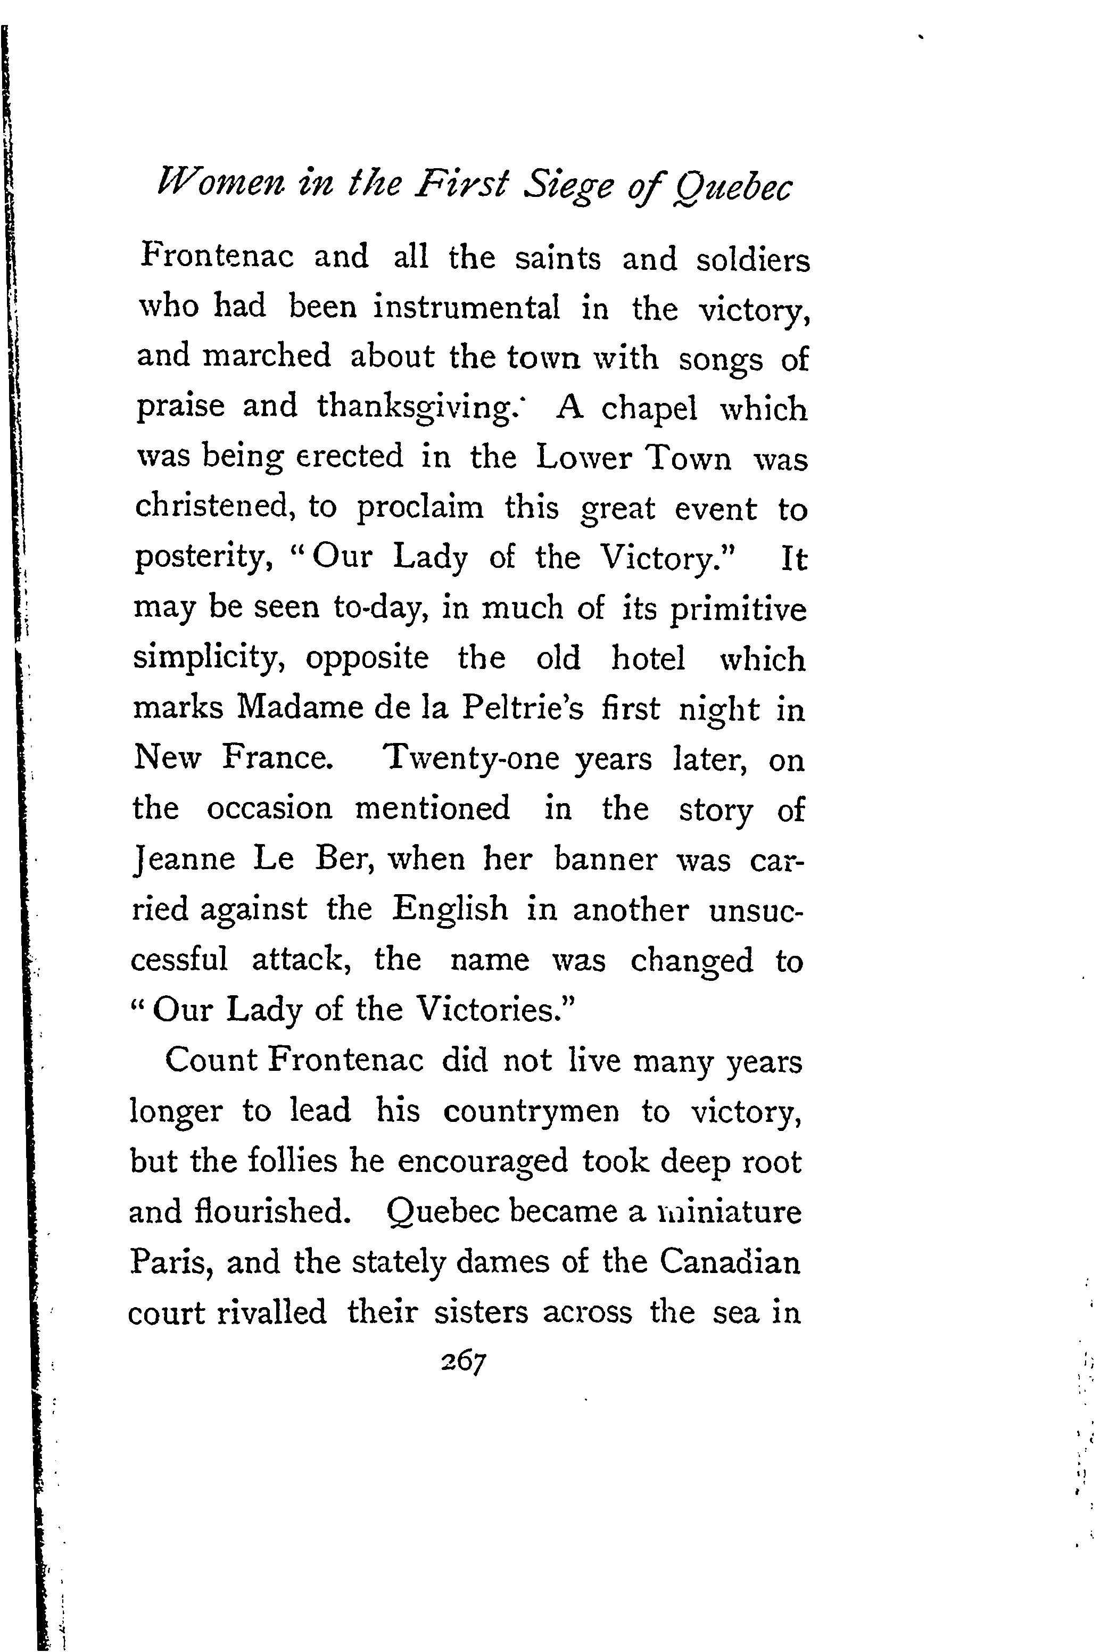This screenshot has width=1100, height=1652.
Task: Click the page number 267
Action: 463,1362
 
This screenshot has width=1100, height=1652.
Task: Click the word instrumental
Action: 467,307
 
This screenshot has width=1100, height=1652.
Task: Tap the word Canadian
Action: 730,1262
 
